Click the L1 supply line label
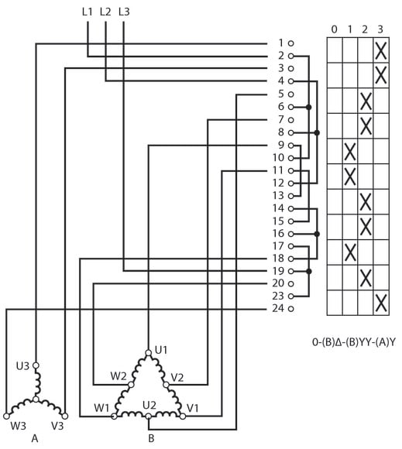(x=88, y=12)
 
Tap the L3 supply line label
(x=124, y=12)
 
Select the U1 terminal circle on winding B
(x=149, y=353)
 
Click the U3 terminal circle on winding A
(x=36, y=365)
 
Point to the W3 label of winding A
(x=19, y=426)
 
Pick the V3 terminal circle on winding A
(x=65, y=416)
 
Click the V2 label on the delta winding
(x=177, y=378)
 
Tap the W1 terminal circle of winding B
(x=114, y=416)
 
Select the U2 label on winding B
(x=149, y=406)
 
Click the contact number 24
(x=278, y=308)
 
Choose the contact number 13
(x=278, y=196)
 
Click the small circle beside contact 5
(x=290, y=94)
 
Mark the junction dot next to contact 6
(x=308, y=107)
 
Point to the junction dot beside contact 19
(x=308, y=271)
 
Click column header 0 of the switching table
(x=334, y=29)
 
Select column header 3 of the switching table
(x=380, y=29)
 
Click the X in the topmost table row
(x=381, y=50)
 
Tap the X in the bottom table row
(x=381, y=303)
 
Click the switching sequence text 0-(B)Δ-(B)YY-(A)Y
(x=353, y=342)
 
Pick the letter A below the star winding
(x=35, y=438)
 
